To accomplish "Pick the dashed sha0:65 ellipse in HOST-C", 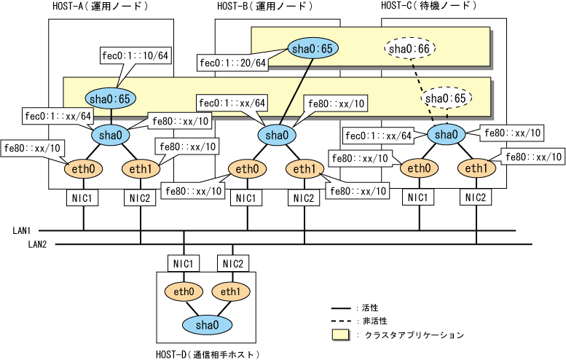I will (447, 97).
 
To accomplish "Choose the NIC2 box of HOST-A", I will (140, 197).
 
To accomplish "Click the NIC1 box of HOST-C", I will (417, 197).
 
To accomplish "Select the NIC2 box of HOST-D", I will (233, 263).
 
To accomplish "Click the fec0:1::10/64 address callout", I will (136, 56).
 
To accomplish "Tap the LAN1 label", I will (22, 230).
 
